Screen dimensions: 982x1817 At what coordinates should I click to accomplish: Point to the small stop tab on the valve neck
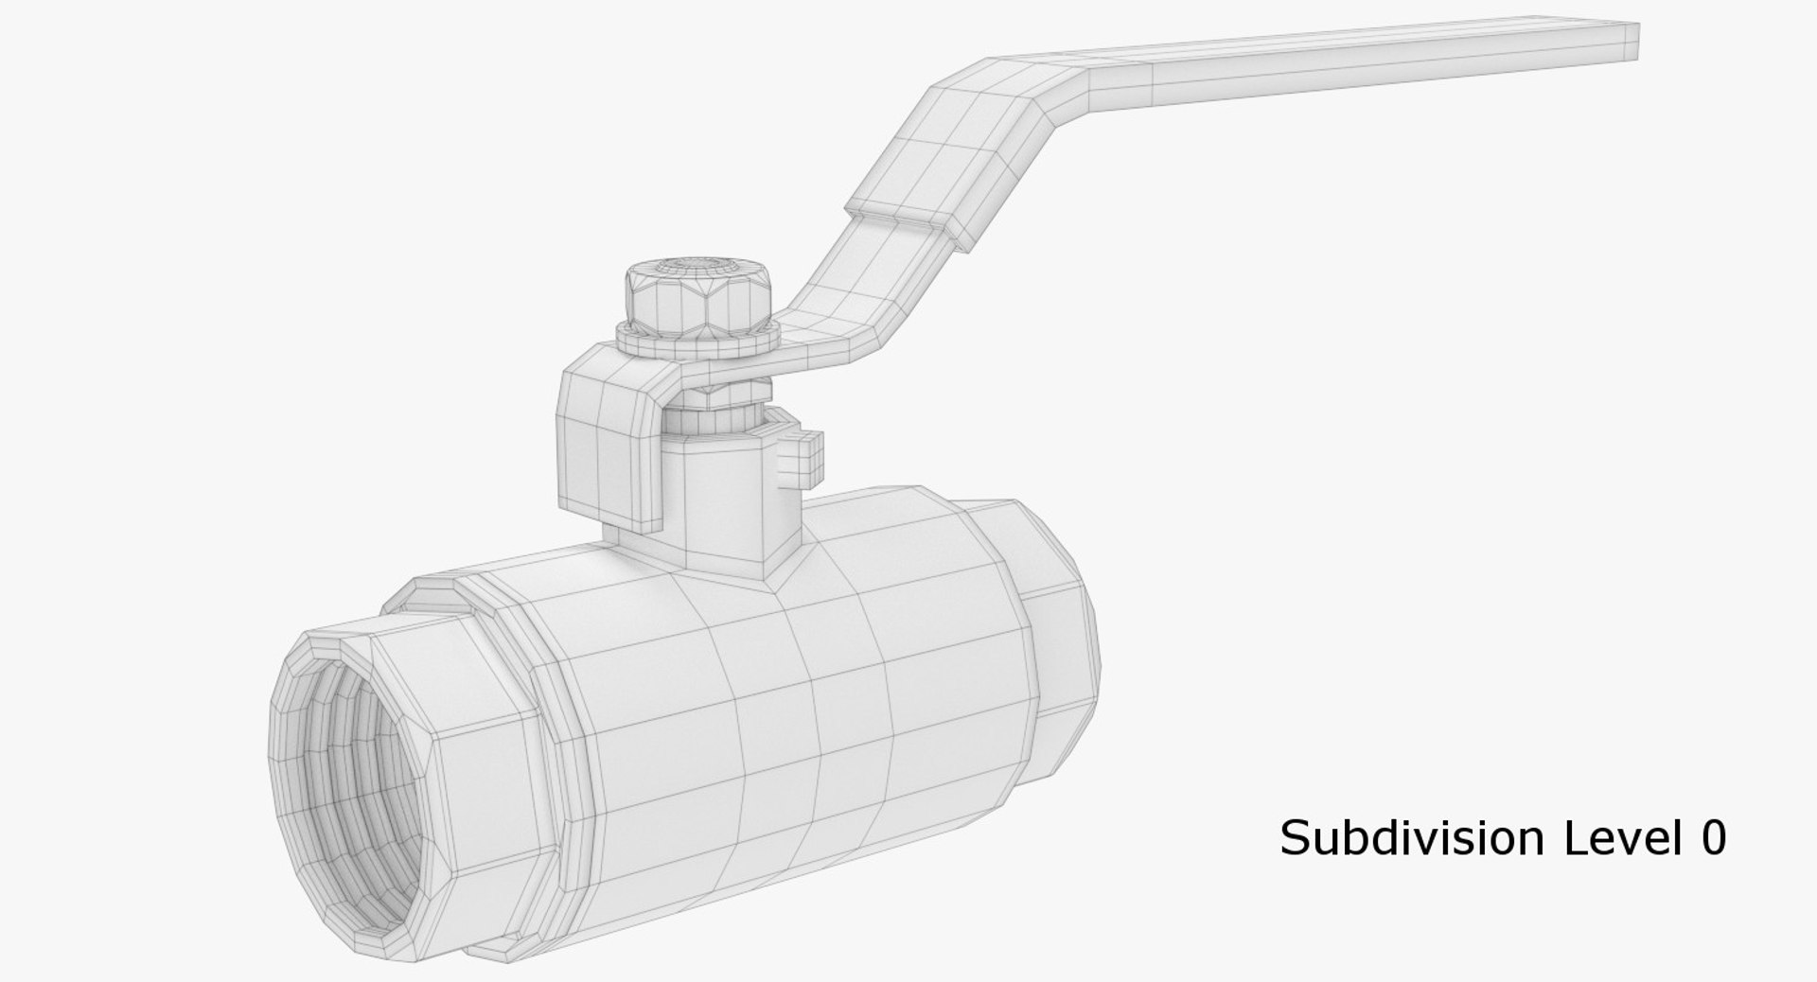[x=803, y=453]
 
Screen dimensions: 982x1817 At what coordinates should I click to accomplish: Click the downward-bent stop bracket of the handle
[x=606, y=435]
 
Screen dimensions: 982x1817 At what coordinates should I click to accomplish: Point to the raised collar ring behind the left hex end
[x=558, y=719]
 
